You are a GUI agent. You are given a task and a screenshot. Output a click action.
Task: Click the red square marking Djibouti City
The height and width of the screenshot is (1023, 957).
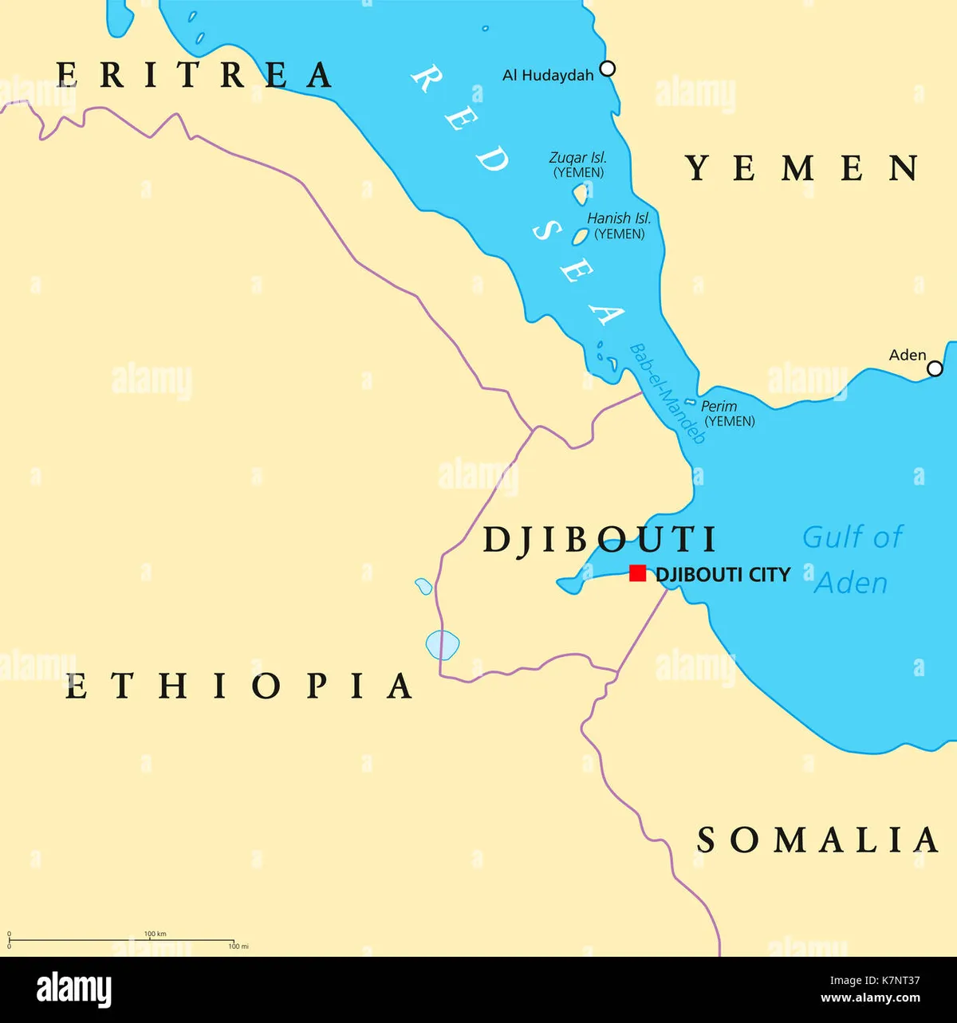637,573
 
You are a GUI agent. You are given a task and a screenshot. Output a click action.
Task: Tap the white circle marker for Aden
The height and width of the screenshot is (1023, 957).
935,368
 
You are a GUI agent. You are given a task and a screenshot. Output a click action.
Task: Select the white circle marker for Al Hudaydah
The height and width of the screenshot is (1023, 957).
608,69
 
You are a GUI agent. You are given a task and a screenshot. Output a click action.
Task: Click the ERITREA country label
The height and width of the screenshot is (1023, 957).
195,75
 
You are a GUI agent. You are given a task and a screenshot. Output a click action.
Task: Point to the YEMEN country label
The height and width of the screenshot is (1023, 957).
802,168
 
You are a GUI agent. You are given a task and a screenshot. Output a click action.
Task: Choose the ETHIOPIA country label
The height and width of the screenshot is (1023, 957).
238,686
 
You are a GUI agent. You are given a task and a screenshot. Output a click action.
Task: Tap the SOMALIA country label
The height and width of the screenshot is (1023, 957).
817,840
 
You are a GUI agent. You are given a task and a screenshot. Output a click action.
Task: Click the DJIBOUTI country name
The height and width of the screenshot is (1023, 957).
600,540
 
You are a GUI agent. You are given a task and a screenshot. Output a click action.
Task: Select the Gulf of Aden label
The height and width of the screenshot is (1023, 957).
851,560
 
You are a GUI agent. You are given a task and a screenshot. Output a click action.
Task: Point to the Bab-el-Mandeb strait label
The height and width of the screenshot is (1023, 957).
667,394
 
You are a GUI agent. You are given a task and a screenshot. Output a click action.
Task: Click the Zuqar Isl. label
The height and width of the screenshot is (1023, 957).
578,158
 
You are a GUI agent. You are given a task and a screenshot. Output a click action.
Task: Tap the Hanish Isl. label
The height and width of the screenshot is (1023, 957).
619,218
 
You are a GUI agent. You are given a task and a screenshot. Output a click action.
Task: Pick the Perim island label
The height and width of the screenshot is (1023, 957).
719,407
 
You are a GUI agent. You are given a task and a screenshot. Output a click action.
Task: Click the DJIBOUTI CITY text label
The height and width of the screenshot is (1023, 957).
723,574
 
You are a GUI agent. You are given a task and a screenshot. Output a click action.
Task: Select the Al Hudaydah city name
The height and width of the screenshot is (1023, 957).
548,76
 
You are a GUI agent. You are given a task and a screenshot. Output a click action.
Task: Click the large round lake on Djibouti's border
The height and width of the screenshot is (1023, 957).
442,644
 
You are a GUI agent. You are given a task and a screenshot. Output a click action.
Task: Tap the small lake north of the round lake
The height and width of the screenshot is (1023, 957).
423,587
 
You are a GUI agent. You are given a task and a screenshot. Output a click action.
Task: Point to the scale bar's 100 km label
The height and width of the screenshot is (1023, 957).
155,933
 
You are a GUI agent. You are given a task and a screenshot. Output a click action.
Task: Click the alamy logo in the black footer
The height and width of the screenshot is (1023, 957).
74,990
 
